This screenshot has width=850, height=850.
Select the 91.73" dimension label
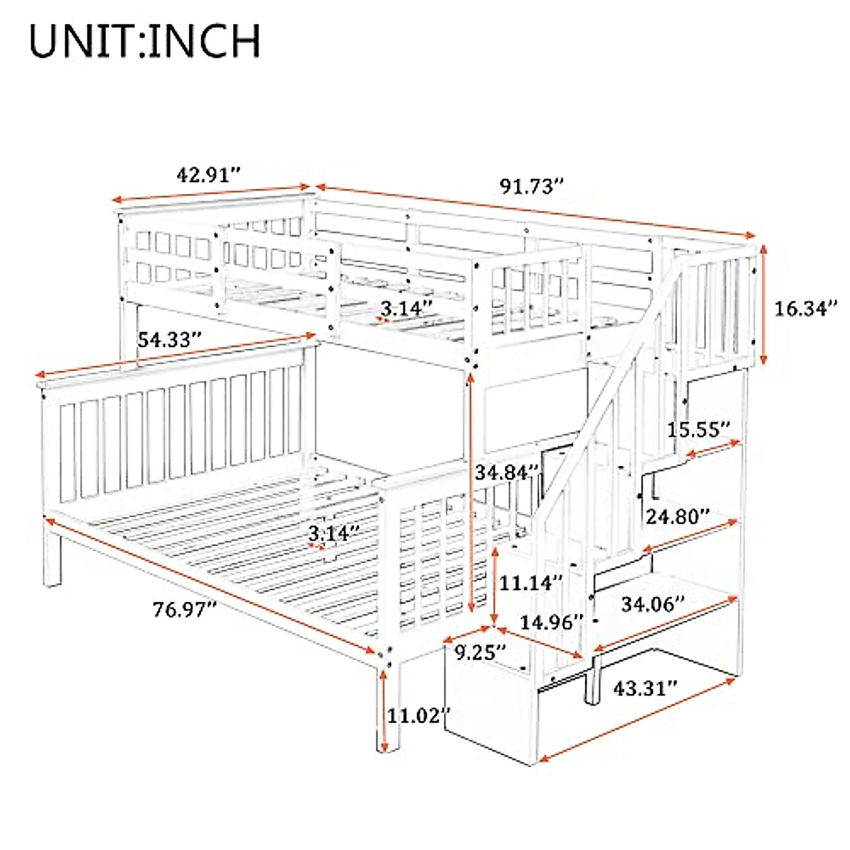[x=532, y=186]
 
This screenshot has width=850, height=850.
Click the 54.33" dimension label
[x=166, y=340]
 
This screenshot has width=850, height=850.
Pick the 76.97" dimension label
[x=185, y=609]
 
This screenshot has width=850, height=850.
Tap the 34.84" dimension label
[x=507, y=472]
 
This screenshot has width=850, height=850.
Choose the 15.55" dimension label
[x=698, y=429]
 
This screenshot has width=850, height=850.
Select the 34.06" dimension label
[x=653, y=603]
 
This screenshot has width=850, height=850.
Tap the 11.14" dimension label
[x=531, y=582]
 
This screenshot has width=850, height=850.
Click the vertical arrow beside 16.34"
[x=764, y=305]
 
